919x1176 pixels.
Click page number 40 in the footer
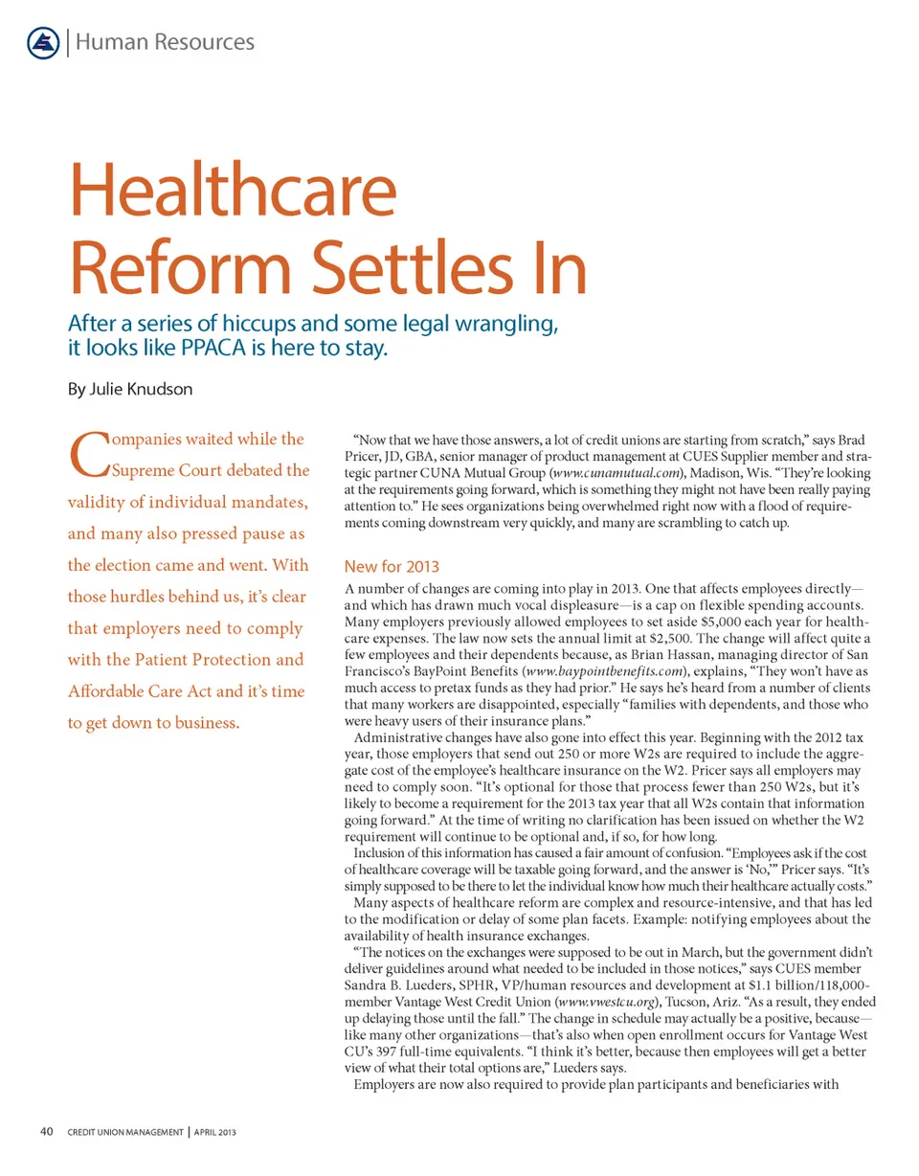coord(46,1132)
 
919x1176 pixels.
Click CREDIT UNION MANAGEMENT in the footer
coord(123,1133)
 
